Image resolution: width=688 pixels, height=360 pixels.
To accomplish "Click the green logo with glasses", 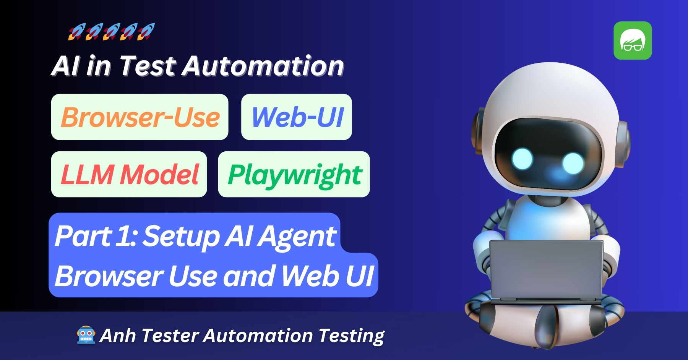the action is click(x=633, y=41).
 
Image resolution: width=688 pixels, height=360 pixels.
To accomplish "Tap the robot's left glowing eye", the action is click(x=522, y=158).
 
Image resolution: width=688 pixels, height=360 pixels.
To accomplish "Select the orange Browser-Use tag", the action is click(x=140, y=117).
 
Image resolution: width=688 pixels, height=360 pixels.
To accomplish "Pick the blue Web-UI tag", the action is click(x=297, y=117).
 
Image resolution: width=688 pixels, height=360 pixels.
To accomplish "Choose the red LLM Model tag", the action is click(x=129, y=174).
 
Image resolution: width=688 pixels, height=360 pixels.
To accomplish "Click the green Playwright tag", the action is click(x=294, y=174).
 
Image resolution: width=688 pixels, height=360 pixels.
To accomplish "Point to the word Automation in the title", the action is click(x=263, y=66).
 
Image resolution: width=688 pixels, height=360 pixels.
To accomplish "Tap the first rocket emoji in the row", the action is click(x=76, y=32).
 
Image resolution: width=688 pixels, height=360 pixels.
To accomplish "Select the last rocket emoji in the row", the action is click(x=146, y=32).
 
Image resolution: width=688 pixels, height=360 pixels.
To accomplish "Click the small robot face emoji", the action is click(x=86, y=335).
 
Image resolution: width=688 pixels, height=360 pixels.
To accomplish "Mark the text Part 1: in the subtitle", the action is click(x=96, y=236).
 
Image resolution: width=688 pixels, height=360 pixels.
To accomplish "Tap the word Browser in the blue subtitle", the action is click(x=109, y=276).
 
